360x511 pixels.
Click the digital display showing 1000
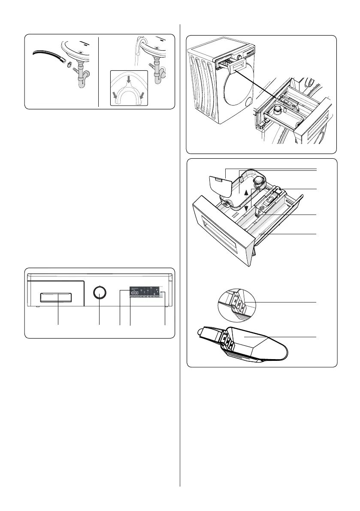tap(134, 293)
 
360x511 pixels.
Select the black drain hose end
tap(47, 55)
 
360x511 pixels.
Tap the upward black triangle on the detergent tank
tap(245, 194)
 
